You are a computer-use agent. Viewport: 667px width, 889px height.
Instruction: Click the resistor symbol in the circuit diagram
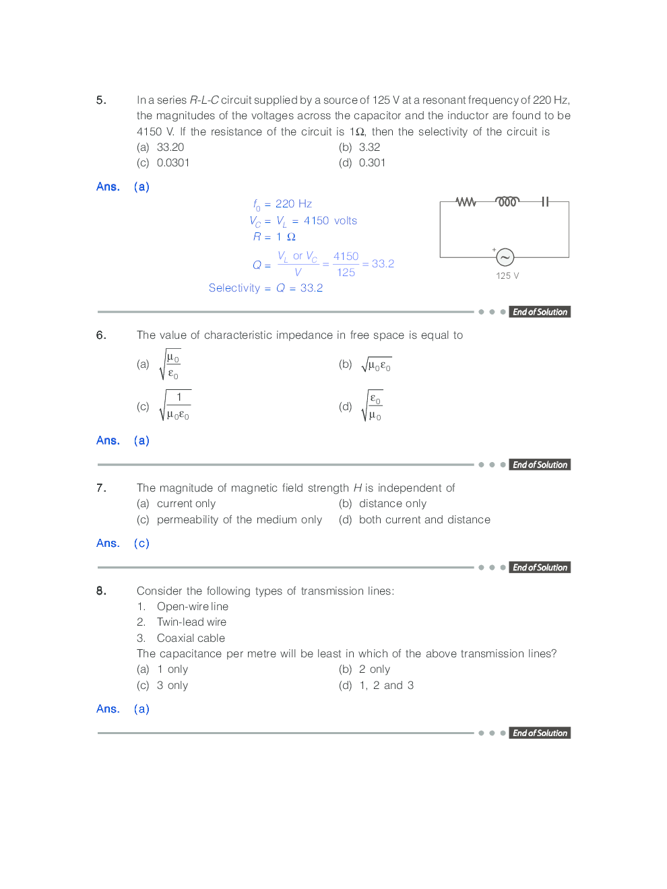pos(466,202)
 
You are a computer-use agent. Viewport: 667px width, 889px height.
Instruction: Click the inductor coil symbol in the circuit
pos(507,201)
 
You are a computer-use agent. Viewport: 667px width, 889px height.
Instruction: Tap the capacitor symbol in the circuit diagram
pos(545,202)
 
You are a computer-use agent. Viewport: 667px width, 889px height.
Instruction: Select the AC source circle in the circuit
pos(505,257)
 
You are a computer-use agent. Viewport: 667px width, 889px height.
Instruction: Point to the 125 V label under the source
pos(507,275)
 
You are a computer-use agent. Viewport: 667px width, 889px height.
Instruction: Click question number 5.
pos(101,100)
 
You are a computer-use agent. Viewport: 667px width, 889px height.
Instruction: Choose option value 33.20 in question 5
pos(170,147)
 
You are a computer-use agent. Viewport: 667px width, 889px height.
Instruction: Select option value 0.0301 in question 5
pos(173,163)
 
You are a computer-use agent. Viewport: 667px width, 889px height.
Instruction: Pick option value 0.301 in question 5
pos(372,163)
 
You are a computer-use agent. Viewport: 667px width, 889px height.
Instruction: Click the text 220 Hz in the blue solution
pos(294,204)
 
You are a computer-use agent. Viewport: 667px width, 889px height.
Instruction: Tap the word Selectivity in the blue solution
pos(234,288)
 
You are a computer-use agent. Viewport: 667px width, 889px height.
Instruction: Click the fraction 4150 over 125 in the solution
pos(346,264)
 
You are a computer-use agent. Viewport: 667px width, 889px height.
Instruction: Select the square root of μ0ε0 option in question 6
pos(376,365)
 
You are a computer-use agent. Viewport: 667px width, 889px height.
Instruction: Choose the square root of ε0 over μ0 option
pos(373,407)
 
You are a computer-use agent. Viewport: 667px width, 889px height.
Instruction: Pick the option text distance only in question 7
pos(392,504)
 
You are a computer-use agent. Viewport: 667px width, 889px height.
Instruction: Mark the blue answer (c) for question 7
pos(141,544)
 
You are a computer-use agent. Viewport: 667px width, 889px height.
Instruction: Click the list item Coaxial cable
pos(191,638)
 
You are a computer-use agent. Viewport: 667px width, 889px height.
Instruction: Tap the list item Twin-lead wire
pos(191,622)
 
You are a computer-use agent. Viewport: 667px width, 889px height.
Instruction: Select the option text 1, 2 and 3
pos(386,686)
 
